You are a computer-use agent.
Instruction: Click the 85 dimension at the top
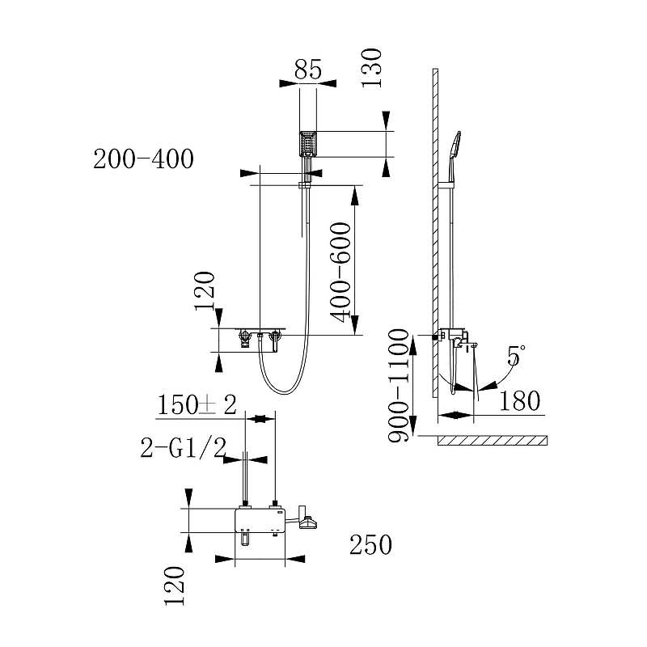coord(307,70)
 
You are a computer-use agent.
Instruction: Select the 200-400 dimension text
coord(143,159)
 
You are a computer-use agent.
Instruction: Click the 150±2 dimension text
coord(197,404)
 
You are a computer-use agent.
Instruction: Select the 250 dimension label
coord(370,545)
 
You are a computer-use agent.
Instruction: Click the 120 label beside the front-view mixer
coord(205,291)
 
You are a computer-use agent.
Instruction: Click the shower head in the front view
coord(308,143)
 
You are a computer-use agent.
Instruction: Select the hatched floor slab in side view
coord(492,441)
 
